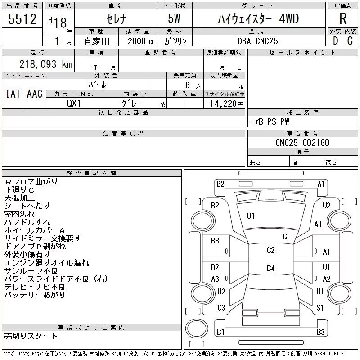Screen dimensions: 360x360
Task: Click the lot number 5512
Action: click(22, 19)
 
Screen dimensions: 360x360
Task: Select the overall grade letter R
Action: click(343, 18)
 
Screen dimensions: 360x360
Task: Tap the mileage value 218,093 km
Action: click(46, 64)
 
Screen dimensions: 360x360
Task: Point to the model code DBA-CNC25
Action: click(257, 41)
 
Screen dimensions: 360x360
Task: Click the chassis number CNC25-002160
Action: click(302, 143)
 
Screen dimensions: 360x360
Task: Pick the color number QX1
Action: click(74, 103)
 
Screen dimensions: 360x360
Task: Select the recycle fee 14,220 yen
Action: click(226, 104)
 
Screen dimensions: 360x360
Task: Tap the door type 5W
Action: click(174, 18)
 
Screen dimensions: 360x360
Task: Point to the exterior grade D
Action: click(335, 41)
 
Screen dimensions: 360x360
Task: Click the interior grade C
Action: click(350, 41)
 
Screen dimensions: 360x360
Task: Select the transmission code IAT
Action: click(13, 94)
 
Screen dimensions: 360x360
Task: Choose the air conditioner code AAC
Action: click(35, 94)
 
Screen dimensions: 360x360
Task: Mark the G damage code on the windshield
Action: click(285, 237)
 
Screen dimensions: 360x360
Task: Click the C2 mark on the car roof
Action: click(271, 250)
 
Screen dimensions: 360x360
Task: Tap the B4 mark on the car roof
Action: click(271, 268)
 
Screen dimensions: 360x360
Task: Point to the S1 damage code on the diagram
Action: click(320, 308)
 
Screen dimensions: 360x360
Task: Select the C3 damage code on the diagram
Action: click(221, 308)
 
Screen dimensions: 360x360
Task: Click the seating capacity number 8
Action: click(188, 85)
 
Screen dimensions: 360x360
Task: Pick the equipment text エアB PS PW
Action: click(269, 121)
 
